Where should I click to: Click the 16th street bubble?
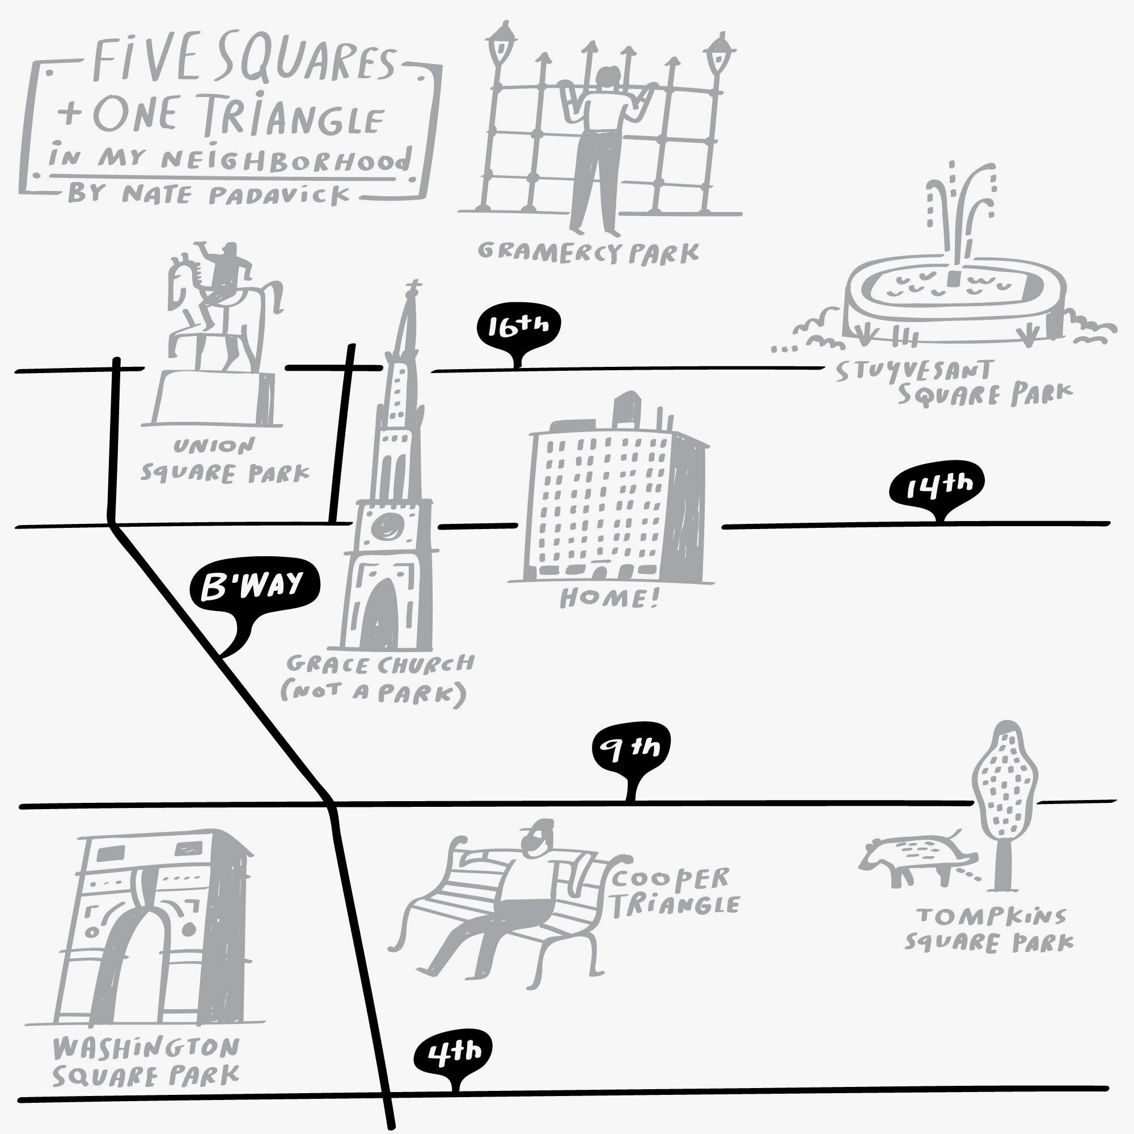pyautogui.click(x=518, y=328)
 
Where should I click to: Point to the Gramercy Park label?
pyautogui.click(x=588, y=252)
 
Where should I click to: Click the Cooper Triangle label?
pyautogui.click(x=675, y=892)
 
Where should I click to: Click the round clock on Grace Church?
pyautogui.click(x=388, y=526)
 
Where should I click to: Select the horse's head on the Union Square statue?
pyautogui.click(x=179, y=276)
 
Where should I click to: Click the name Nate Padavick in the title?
pyautogui.click(x=235, y=194)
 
